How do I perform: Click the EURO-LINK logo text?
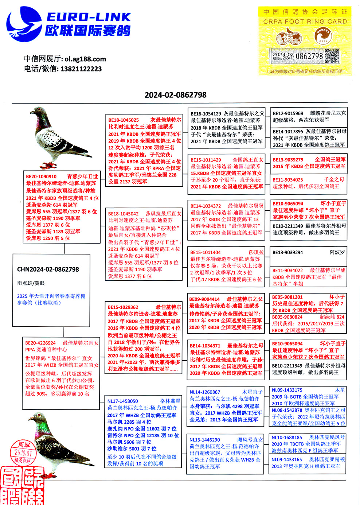[89, 17]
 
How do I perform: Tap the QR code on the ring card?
[332, 56]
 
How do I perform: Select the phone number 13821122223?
[81, 69]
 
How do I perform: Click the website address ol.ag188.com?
[85, 59]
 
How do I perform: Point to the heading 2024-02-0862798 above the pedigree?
[176, 95]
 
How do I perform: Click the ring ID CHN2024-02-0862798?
[48, 269]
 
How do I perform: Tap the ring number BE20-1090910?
[41, 176]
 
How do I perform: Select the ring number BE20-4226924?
[40, 343]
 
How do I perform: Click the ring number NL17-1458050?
[122, 401]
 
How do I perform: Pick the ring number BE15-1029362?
[123, 307]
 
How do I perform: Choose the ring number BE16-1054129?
[206, 114]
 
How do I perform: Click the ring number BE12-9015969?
[288, 113]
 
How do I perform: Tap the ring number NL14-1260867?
[205, 392]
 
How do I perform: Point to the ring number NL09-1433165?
[287, 460]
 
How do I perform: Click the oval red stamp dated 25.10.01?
[23, 452]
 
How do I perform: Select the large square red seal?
[22, 485]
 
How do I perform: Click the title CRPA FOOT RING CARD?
[305, 22]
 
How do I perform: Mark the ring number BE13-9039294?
[287, 252]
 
